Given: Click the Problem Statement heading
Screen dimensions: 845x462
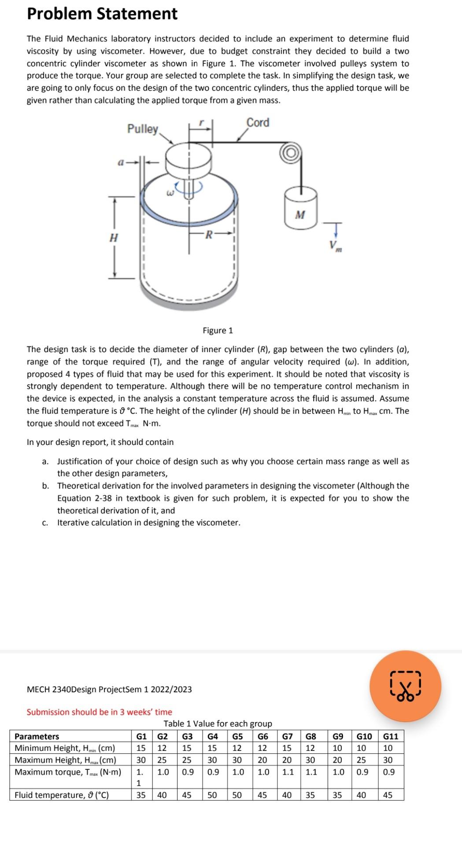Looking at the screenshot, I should pos(102,14).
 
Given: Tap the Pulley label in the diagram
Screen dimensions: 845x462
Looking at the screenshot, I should pos(142,129).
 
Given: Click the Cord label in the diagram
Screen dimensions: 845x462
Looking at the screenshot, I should pos(258,122).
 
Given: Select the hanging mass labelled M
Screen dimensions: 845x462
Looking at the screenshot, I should pos(300,208).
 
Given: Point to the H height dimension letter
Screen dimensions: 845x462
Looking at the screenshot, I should pos(114,238).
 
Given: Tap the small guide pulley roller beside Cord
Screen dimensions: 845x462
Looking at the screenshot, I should pos(290,153).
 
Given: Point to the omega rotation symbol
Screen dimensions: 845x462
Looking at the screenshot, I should pos(170,192).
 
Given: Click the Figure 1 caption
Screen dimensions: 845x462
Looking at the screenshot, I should pos(218,331).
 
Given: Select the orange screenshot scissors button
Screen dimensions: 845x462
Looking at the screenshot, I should pos(405,686).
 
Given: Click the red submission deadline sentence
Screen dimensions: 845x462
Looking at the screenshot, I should pos(100,712).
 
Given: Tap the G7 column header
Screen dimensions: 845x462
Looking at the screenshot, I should pos(287,736).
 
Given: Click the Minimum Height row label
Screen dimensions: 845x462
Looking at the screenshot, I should pos(65,748).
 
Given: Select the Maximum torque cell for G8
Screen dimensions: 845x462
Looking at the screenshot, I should pos(311,772).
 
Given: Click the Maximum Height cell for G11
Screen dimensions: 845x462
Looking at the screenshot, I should pos(388,760).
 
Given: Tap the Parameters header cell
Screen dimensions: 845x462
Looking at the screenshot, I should pos(37,736).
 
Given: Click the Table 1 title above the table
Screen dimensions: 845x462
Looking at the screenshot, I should pos(218,724).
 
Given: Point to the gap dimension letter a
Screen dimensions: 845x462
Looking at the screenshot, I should pos(120,162).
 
